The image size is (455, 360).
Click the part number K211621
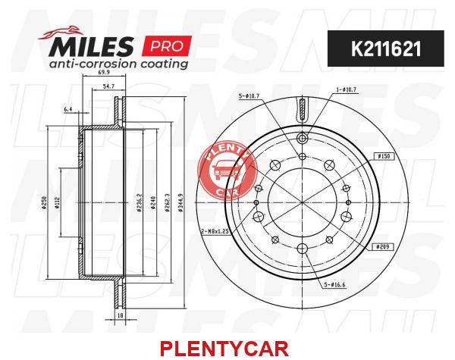click(386, 49)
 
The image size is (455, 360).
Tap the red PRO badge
click(167, 45)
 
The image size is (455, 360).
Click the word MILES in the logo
click(91, 45)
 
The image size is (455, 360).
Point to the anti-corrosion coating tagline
click(118, 64)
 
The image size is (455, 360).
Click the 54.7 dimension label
click(108, 86)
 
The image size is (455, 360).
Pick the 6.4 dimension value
click(67, 109)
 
